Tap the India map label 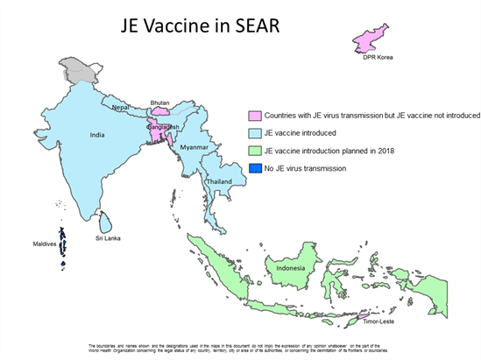[x=99, y=135]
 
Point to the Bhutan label [x=160, y=102]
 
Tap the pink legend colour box [x=253, y=116]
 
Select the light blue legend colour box [x=253, y=133]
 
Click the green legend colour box [x=253, y=151]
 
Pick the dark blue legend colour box [x=253, y=168]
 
